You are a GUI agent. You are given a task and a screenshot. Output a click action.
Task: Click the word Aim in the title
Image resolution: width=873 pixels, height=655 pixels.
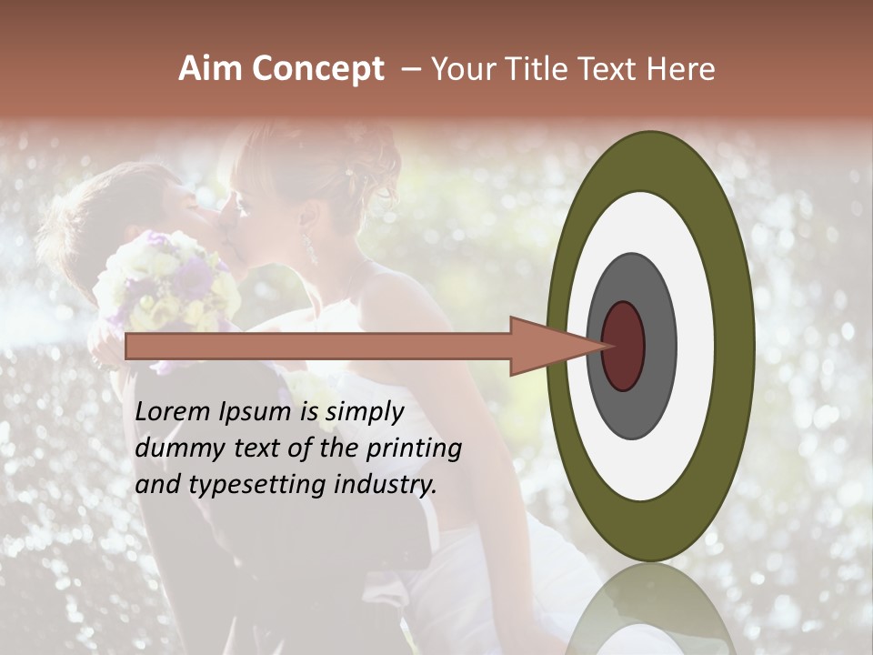point(210,69)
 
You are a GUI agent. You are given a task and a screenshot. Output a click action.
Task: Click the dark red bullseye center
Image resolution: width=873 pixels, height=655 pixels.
point(623,346)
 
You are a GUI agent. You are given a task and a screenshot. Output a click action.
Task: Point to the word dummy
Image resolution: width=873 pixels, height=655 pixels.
point(176,448)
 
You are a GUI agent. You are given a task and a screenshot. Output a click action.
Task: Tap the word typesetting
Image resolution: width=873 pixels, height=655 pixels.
point(245,485)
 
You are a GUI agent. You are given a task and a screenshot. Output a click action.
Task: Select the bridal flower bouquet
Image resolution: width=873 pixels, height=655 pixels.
point(168,281)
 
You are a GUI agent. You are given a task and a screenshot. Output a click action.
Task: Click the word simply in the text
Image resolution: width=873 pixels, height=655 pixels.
point(364,412)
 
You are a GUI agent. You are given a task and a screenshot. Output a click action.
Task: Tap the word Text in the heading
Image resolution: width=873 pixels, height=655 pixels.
point(613,69)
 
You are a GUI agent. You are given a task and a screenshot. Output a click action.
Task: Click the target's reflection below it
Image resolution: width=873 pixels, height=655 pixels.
point(650,610)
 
